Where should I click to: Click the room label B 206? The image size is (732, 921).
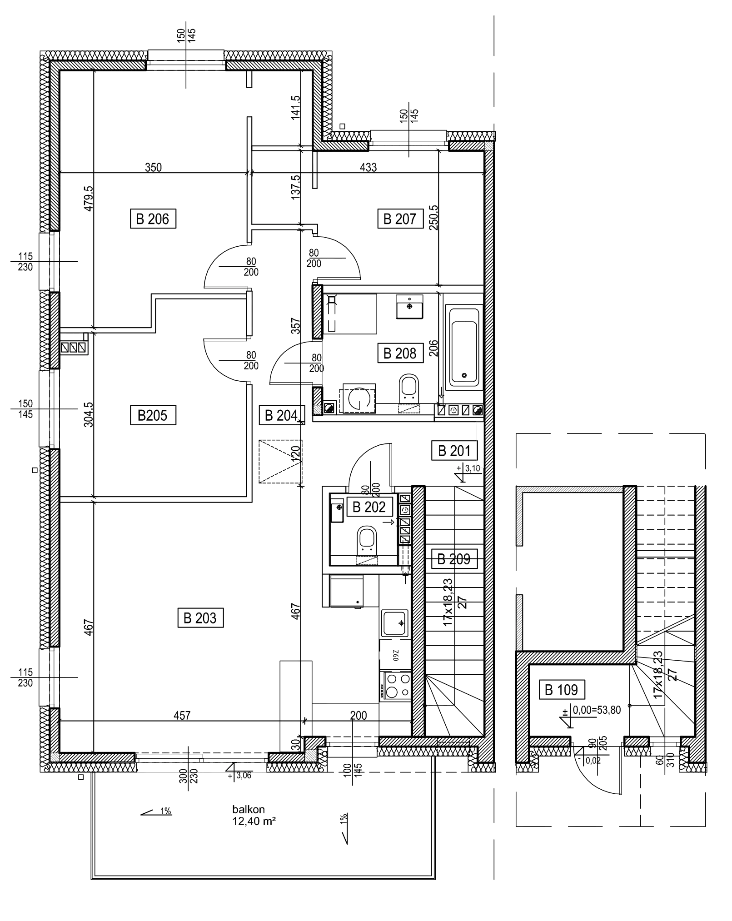point(153,219)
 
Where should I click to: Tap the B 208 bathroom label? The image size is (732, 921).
point(399,353)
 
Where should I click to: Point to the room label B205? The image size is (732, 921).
point(153,415)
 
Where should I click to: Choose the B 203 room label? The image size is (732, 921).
point(200,618)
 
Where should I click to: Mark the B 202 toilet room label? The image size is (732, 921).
point(369,507)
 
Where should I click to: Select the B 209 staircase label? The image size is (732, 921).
point(453,559)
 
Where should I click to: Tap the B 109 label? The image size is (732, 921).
point(561,691)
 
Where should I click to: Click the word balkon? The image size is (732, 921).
point(248,810)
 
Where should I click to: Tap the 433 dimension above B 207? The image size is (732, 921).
point(368,167)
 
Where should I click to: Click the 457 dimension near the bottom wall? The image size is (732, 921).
point(182,716)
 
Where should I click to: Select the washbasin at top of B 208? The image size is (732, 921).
point(410,307)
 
